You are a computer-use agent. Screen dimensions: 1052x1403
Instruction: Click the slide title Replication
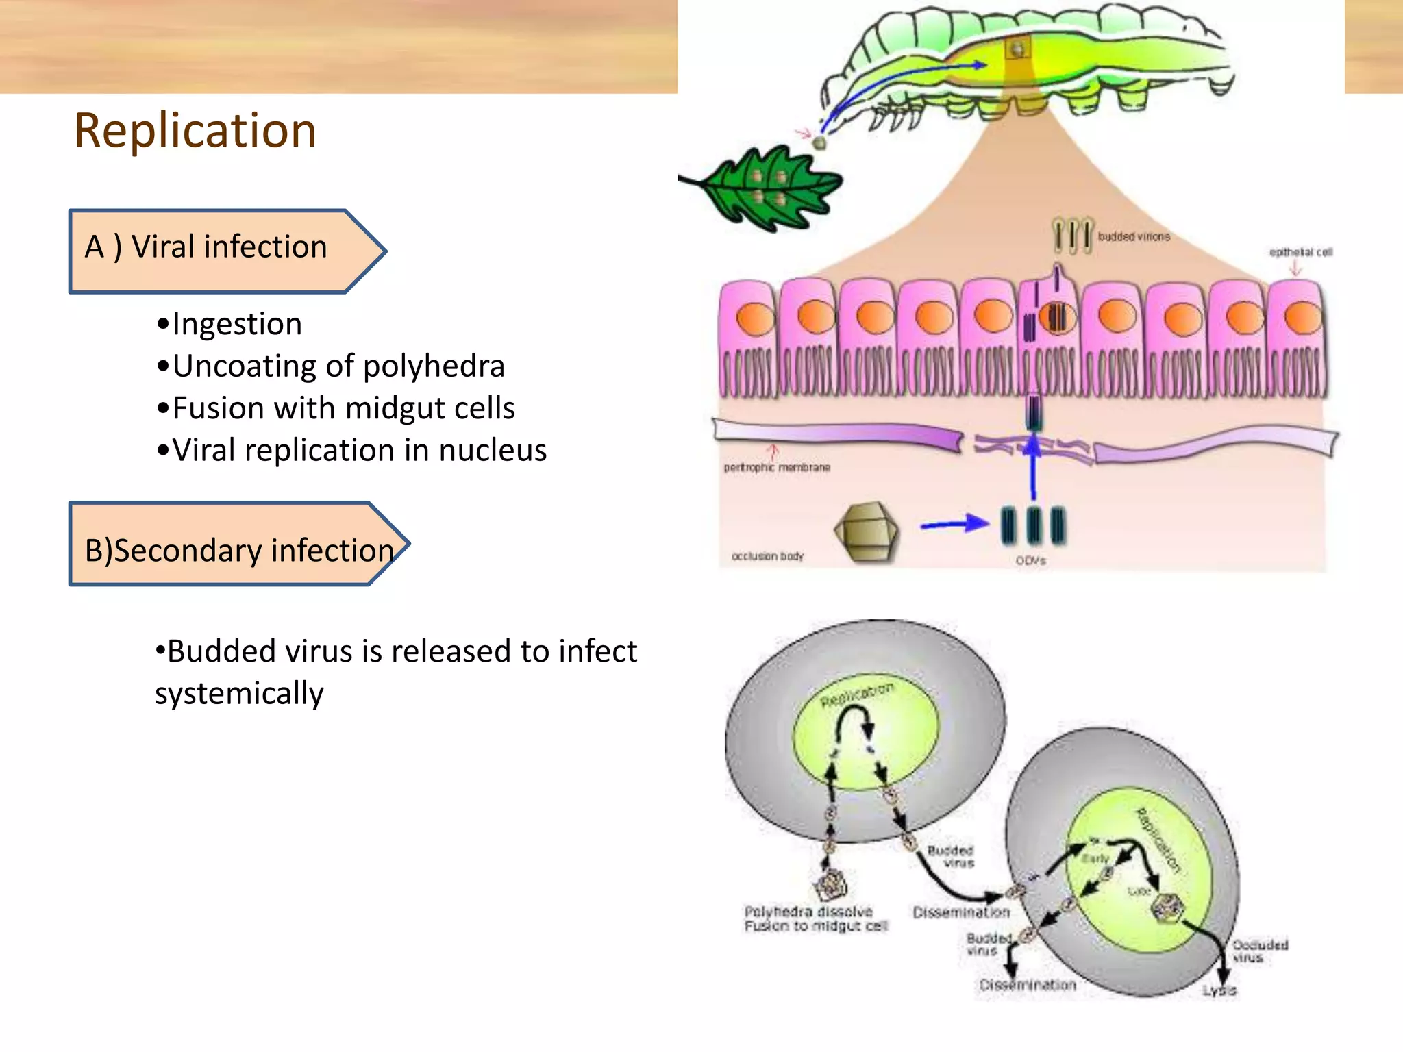[x=195, y=130]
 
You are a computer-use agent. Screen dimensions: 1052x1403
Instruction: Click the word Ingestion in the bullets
[x=237, y=324]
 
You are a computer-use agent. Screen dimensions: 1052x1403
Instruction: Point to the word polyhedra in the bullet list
[x=434, y=366]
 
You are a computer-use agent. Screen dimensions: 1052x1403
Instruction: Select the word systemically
[x=239, y=694]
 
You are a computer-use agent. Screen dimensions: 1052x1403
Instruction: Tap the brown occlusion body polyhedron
[x=865, y=531]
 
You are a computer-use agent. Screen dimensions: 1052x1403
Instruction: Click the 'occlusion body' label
[x=767, y=556]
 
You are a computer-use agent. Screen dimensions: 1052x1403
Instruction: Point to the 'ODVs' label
[x=1030, y=561]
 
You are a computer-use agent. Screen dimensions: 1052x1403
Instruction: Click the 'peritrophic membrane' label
[x=777, y=467]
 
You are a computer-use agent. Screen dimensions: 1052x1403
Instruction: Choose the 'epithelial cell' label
[x=1300, y=252]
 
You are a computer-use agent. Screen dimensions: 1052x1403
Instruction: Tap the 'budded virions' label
[x=1134, y=236]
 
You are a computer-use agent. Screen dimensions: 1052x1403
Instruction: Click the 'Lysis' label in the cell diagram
[x=1219, y=990]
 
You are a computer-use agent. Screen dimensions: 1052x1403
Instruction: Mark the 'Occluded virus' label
[x=1259, y=951]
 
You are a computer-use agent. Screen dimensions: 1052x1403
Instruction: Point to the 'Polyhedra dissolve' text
[x=808, y=912]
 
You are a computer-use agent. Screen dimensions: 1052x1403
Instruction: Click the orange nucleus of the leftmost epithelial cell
[x=755, y=318]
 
